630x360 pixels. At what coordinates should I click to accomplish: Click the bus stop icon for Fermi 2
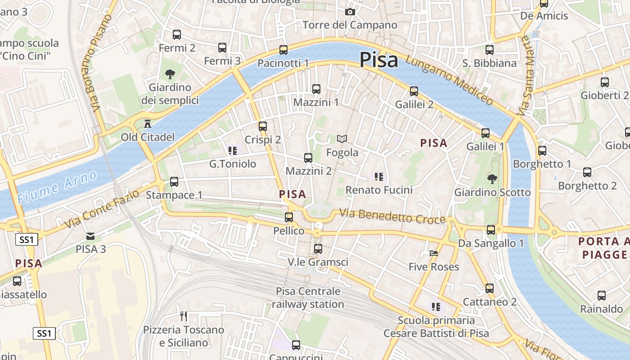(177, 35)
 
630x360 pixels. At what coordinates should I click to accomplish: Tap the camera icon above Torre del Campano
(350, 12)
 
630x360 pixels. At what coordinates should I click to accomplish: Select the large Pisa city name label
(379, 60)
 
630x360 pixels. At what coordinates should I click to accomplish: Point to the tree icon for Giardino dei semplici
(170, 74)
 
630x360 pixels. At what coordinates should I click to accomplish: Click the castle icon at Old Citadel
(147, 123)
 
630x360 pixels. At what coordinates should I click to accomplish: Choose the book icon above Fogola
(342, 139)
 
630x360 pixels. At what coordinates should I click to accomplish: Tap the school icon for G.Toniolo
(232, 151)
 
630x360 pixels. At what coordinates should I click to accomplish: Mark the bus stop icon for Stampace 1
(174, 182)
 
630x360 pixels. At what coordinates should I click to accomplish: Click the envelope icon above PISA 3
(90, 236)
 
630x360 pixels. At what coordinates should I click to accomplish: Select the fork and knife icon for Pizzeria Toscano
(184, 316)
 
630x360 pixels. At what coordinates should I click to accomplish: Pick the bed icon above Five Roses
(434, 253)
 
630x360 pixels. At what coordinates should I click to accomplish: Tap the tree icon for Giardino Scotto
(492, 179)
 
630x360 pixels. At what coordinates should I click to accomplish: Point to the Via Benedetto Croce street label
(392, 216)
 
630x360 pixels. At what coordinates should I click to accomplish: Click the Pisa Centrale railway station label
(308, 297)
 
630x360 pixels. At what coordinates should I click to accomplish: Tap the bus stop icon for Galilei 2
(414, 91)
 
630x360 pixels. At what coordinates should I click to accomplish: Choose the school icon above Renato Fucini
(379, 177)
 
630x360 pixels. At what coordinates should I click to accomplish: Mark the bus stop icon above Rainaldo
(602, 296)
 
